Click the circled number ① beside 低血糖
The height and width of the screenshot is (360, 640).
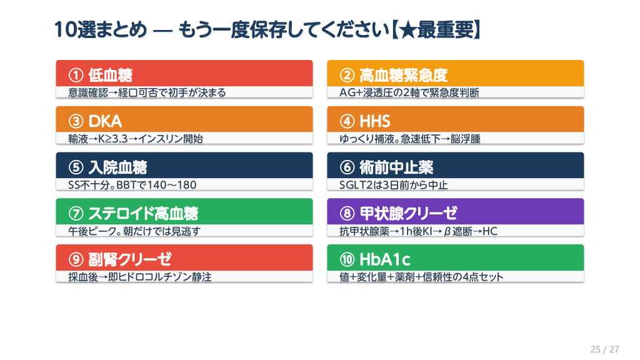tap(76, 75)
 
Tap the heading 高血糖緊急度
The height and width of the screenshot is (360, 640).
tap(403, 75)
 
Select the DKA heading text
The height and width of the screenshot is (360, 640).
tap(105, 121)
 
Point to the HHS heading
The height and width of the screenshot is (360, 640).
tap(375, 121)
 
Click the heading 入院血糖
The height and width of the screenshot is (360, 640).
tap(117, 167)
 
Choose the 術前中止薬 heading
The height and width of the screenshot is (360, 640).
tap(396, 167)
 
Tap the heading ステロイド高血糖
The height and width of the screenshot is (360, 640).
tap(143, 214)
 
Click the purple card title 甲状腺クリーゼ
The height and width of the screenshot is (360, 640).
tap(408, 214)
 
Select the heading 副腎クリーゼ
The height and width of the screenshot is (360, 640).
tap(130, 259)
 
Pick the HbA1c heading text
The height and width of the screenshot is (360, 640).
tap(384, 259)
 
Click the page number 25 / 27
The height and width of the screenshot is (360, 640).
tap(604, 349)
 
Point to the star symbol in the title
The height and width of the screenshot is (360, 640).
tap(407, 30)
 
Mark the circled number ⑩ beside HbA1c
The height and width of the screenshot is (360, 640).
tap(347, 259)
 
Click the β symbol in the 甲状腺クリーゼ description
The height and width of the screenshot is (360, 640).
tap(447, 232)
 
